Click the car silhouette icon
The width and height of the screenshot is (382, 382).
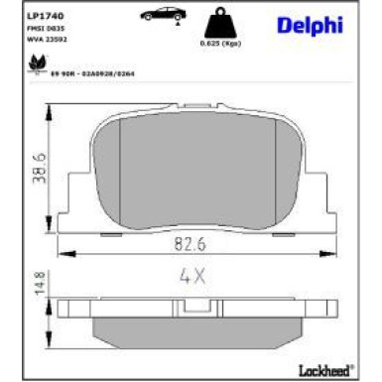point(160,17)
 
